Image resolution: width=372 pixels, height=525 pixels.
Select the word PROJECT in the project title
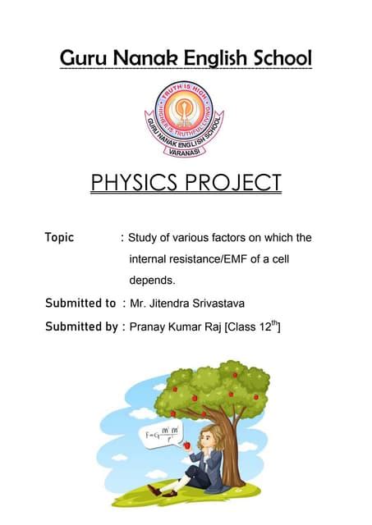[x=237, y=183]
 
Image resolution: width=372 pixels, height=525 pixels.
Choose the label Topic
[x=59, y=238]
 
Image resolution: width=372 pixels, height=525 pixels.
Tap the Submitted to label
[x=80, y=304]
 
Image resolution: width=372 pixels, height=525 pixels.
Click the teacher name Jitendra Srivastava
[x=193, y=304]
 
